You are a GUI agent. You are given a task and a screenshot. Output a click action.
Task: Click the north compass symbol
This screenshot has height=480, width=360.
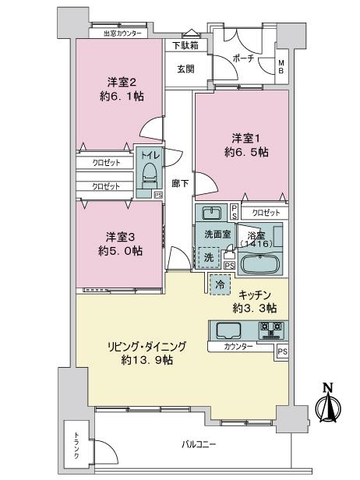[328, 404]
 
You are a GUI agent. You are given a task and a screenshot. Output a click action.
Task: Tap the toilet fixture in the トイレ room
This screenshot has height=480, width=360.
[150, 175]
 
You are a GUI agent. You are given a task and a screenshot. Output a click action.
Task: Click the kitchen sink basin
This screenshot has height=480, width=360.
[228, 330]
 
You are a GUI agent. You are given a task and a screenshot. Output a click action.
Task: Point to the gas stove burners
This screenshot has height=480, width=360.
[271, 330]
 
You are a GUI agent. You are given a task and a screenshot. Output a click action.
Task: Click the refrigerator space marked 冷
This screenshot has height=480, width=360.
[220, 284]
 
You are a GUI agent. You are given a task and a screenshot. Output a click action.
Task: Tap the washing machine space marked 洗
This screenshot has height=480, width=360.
[209, 257]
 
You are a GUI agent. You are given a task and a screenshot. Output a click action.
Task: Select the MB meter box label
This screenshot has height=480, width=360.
[281, 66]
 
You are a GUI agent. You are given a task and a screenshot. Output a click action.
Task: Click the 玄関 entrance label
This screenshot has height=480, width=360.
[185, 69]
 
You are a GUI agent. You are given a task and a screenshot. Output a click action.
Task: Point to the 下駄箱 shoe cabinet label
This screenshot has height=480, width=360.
[185, 46]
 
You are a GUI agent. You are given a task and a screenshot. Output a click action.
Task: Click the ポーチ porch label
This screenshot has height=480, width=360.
[243, 58]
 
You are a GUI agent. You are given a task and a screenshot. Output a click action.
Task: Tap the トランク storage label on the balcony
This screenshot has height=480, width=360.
[76, 445]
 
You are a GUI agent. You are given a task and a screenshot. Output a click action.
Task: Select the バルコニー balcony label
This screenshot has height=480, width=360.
[199, 444]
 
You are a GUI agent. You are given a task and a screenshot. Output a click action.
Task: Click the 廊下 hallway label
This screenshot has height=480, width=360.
[180, 183]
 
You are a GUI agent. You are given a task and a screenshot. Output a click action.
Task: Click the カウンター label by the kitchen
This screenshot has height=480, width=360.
[238, 347]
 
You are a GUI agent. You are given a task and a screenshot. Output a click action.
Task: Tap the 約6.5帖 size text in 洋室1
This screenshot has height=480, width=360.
[247, 152]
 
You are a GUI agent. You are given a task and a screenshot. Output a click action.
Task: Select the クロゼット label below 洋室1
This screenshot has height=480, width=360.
[266, 213]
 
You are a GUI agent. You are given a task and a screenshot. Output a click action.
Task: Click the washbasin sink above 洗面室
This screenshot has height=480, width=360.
[211, 213]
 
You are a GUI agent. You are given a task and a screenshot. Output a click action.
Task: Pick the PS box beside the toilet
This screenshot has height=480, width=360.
[158, 195]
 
